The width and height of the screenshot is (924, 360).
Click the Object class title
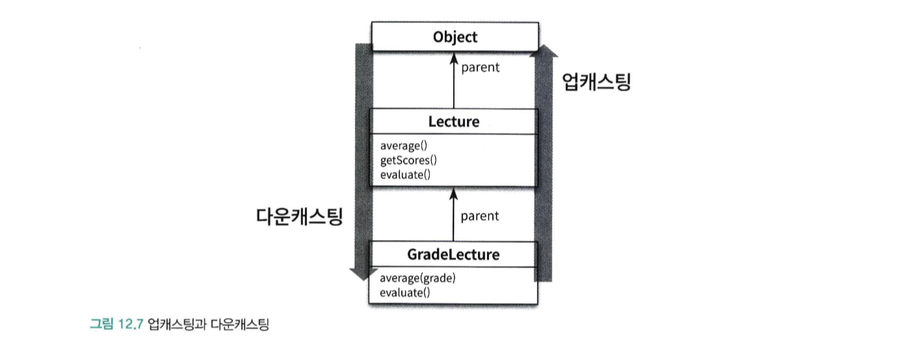(x=455, y=37)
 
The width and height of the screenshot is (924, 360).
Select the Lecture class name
(x=454, y=122)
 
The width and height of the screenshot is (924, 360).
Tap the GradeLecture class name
(x=453, y=255)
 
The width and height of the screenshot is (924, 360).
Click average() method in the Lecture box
(x=403, y=146)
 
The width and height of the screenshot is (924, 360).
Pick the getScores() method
(x=408, y=160)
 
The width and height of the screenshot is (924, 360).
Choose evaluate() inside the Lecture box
(x=405, y=174)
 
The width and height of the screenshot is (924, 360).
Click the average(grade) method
(x=417, y=278)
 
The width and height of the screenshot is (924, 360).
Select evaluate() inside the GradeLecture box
(x=404, y=292)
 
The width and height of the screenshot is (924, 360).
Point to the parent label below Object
(x=480, y=68)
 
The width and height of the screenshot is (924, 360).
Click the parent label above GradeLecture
(x=479, y=216)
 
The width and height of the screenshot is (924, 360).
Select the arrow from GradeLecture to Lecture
(x=454, y=216)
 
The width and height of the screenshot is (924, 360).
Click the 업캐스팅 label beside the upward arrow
(x=596, y=82)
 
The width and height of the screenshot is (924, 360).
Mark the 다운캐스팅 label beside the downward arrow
(x=299, y=216)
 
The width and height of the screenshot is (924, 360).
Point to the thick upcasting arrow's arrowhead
(x=543, y=50)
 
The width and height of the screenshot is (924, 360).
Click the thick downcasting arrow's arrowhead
(x=363, y=274)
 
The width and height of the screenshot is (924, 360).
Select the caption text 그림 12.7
(x=116, y=324)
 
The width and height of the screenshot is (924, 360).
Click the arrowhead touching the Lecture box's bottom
(x=454, y=194)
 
